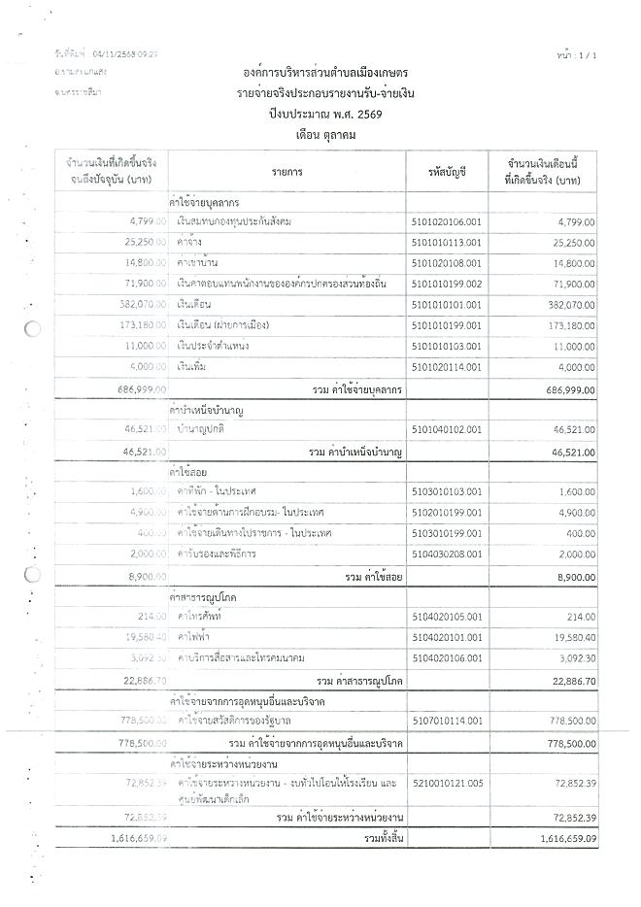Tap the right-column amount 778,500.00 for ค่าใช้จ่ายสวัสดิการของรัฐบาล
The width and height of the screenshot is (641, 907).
click(567, 721)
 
